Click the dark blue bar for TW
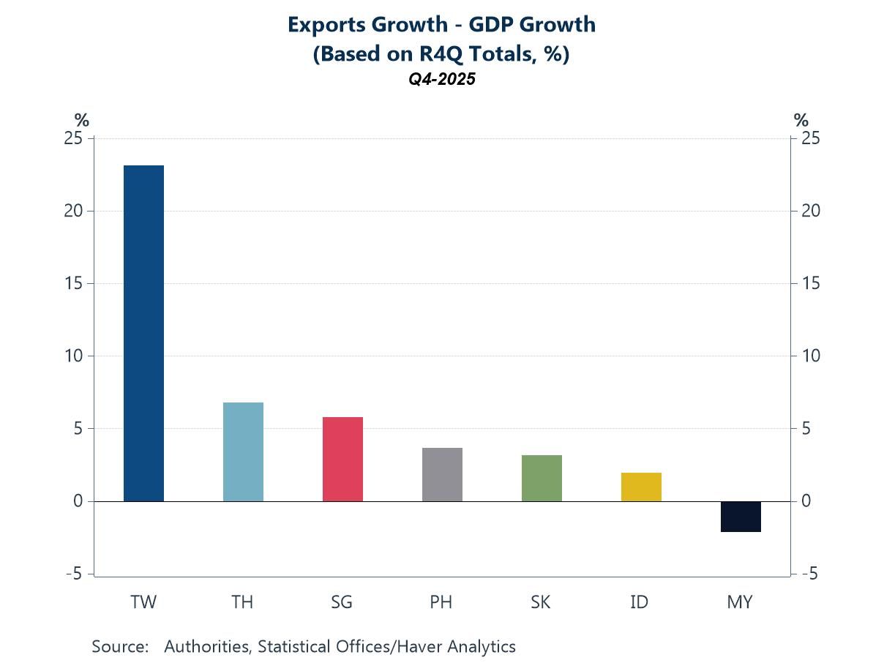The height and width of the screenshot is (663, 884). click(x=143, y=333)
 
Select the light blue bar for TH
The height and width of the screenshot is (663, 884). click(x=243, y=452)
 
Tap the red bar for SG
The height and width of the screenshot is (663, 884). click(x=342, y=459)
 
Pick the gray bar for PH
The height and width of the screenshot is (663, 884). click(x=442, y=474)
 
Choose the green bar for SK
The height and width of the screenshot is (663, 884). click(x=542, y=478)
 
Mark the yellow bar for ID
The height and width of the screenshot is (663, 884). click(x=641, y=487)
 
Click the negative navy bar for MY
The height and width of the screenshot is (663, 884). click(x=741, y=517)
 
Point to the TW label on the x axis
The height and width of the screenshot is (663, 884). click(x=143, y=602)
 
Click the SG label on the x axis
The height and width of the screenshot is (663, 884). click(x=342, y=602)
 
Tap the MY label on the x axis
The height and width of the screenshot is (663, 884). click(x=740, y=602)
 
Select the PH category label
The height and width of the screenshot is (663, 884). click(x=441, y=602)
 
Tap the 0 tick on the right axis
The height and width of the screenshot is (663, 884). click(x=806, y=501)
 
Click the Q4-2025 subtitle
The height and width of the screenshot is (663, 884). click(x=442, y=80)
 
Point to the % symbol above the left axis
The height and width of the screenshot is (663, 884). click(x=81, y=120)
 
